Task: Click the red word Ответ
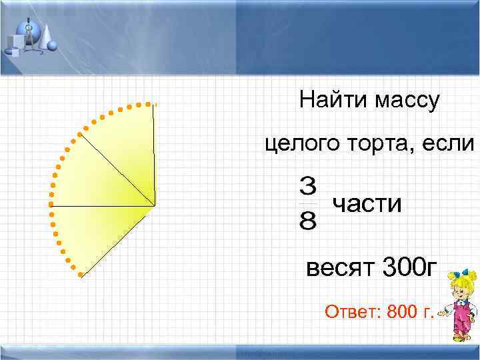[x=346, y=311]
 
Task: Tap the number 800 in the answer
[x=401, y=311]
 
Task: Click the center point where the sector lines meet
[x=155, y=206]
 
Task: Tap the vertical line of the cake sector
[x=154, y=153]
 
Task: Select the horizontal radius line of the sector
[x=100, y=207]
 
